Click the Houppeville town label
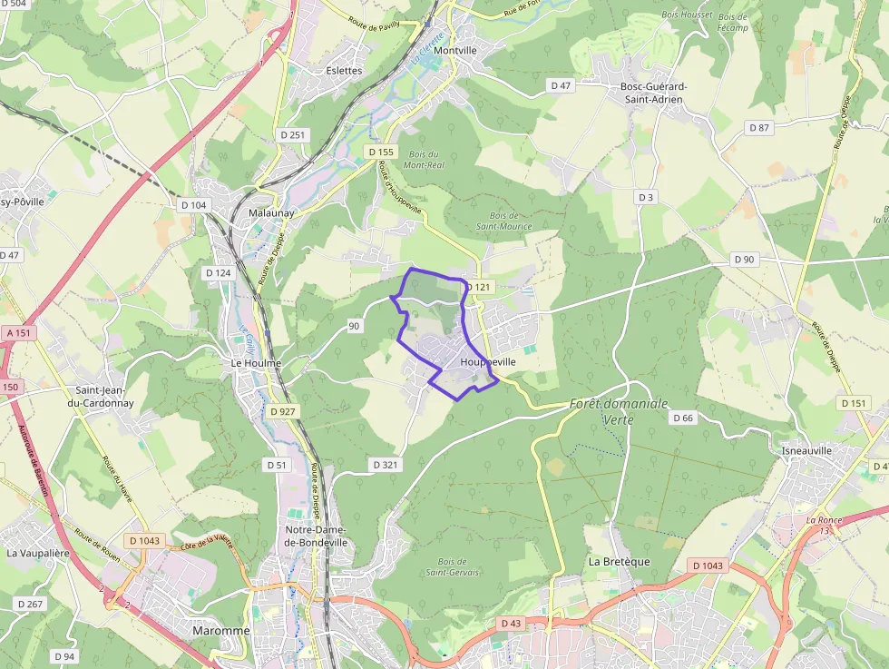[488, 361]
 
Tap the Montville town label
[455, 51]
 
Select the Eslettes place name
[344, 71]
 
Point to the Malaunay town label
[271, 213]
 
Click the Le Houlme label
[257, 363]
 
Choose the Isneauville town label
[806, 450]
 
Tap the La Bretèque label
[620, 561]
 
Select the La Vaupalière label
[38, 552]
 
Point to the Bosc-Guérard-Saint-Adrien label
[653, 93]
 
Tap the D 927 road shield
[283, 411]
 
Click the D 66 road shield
[683, 418]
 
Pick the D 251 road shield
[293, 134]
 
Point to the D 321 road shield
[385, 465]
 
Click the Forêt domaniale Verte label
[618, 411]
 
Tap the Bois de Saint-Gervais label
[452, 566]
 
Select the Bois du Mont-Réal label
[423, 160]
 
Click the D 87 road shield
[758, 127]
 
